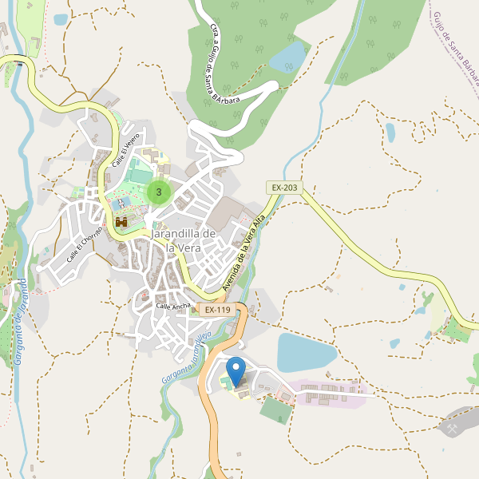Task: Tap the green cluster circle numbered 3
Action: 160,192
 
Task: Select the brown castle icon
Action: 122,222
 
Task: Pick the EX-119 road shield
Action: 216,309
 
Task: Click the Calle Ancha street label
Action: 172,307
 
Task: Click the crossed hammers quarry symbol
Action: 453,429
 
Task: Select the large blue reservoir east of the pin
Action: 307,352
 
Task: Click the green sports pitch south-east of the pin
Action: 276,410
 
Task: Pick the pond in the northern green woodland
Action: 288,57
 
